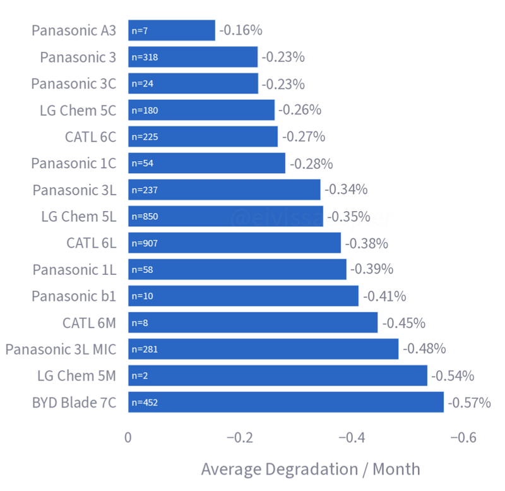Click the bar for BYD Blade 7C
pos(285,402)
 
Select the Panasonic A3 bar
pos(172,30)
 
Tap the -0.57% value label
pos(469,402)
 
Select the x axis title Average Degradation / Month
pos(310,469)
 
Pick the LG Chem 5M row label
pos(76,376)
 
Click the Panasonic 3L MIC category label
pos(61,349)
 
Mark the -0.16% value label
pos(241,30)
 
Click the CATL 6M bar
pos(252,322)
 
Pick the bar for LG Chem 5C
pos(201,110)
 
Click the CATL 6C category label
pos(91,136)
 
